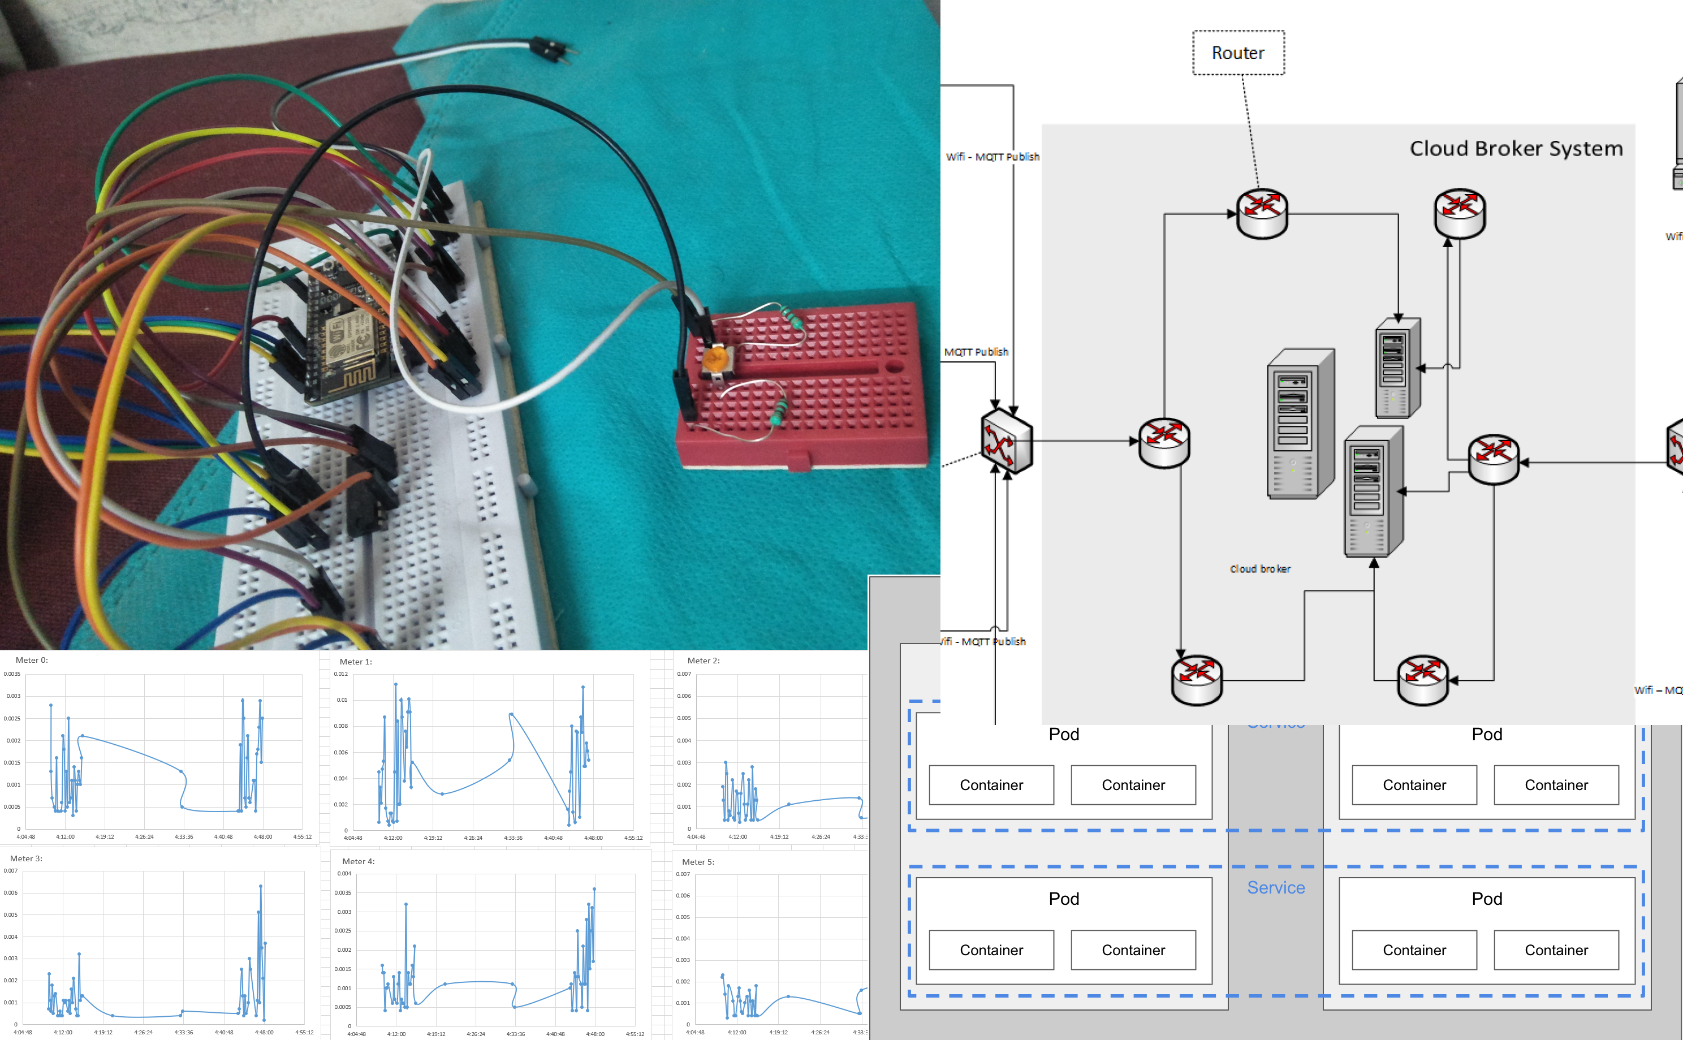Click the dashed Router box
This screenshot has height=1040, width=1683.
click(1238, 53)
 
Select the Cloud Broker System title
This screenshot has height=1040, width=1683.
click(1516, 149)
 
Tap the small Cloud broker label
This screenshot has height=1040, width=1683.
click(1260, 569)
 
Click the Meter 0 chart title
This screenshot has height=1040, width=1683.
click(32, 659)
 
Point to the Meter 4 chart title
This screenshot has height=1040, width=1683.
click(359, 861)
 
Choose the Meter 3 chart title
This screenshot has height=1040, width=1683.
click(26, 858)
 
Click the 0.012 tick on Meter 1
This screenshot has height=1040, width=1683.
click(341, 674)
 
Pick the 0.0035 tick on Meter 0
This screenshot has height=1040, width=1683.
click(12, 674)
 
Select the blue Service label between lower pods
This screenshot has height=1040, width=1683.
click(1276, 888)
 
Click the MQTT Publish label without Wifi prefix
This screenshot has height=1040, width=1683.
click(976, 352)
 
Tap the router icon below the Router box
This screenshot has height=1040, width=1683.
click(1262, 214)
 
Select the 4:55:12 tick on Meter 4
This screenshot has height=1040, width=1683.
click(635, 1034)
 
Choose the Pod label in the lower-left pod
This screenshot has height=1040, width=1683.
click(1063, 899)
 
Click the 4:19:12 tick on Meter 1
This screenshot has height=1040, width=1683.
click(433, 838)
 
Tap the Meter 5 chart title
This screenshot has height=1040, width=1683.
click(698, 862)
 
